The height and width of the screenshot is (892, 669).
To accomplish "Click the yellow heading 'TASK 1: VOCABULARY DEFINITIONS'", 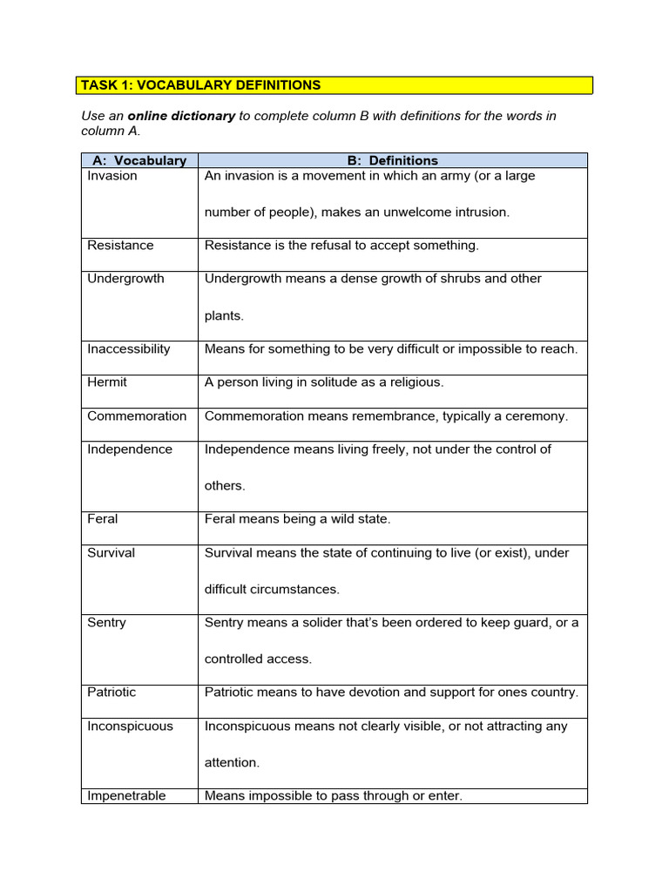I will point(200,85).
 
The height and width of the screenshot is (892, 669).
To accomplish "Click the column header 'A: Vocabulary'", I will point(139,160).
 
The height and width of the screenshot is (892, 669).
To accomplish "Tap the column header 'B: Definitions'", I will point(392,160).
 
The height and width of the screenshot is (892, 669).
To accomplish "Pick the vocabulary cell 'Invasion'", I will point(112,176).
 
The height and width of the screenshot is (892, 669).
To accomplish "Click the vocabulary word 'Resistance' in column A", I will point(120,246).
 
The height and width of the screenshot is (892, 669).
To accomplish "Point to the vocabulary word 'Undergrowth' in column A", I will point(125,279).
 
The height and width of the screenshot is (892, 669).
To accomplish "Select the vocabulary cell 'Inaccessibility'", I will point(129,349).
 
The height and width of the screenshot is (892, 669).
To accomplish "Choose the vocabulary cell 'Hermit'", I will point(107,382).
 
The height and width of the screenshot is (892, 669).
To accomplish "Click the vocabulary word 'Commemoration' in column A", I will point(137,416).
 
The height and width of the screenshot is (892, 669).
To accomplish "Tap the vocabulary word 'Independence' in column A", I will point(130,449).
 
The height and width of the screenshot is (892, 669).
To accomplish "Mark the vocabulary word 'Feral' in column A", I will point(103,519).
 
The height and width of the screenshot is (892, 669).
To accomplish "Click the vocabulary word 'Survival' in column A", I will point(111,553).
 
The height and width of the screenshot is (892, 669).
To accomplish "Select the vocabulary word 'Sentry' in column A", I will point(106,623).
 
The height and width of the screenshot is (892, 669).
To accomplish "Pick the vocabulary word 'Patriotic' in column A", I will point(111,693).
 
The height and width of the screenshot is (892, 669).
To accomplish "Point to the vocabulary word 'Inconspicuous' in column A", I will point(130,726).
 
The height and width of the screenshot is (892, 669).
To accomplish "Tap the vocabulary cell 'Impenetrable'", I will point(126,796).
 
